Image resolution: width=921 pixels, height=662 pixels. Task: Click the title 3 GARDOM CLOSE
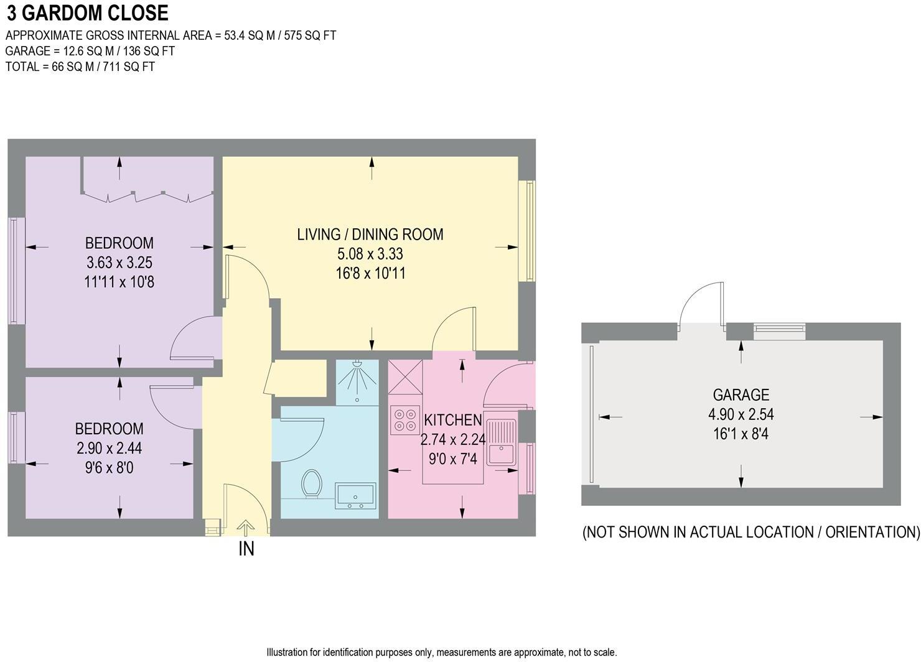[x=88, y=13]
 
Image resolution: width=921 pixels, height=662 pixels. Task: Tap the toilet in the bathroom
[x=311, y=485]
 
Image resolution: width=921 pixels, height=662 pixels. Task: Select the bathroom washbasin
[x=355, y=496]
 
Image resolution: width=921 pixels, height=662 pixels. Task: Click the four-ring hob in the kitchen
[x=404, y=420]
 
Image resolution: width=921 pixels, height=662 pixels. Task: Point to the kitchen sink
[x=501, y=442]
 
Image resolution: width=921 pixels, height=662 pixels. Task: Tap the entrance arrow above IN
[x=245, y=528]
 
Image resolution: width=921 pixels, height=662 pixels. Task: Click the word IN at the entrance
[x=246, y=549]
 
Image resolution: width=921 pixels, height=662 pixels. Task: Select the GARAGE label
[x=741, y=394]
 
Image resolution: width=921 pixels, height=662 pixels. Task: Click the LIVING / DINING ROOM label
[x=370, y=235]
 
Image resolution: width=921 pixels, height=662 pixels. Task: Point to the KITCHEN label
[x=452, y=420]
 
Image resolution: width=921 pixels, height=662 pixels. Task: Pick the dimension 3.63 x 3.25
[x=119, y=263]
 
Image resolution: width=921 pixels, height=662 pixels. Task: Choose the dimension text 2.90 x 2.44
[x=110, y=448]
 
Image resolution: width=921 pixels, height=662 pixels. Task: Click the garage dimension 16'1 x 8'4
[x=741, y=434]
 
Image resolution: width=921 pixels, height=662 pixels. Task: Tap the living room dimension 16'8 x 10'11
[x=370, y=273]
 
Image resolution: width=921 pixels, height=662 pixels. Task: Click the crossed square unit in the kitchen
[x=405, y=376]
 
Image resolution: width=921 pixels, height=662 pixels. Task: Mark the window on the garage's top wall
[x=779, y=332]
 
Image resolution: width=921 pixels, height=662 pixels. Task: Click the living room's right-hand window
[x=526, y=231]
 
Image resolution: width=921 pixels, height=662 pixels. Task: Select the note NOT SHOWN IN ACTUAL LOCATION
[x=751, y=532]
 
